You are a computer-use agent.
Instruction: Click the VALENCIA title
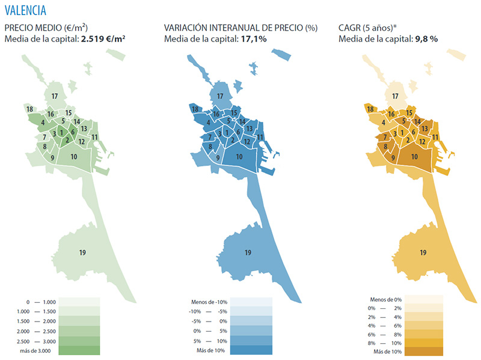[25, 10]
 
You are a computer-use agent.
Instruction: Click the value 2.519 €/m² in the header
[103, 39]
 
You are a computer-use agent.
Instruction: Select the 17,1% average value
[254, 39]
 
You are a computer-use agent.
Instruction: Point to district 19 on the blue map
[247, 252]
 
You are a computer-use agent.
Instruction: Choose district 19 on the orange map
[423, 252]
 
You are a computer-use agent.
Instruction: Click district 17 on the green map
[54, 96]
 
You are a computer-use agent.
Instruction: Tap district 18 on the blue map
[194, 109]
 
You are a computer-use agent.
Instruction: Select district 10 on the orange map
[414, 156]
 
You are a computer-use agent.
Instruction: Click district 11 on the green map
[95, 137]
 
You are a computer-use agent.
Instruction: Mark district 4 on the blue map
[207, 123]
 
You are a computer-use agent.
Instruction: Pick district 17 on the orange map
[395, 96]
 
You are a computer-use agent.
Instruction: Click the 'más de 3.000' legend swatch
[78, 350]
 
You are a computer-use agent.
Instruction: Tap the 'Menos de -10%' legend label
[207, 302]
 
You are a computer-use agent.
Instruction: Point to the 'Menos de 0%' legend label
[386, 299]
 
